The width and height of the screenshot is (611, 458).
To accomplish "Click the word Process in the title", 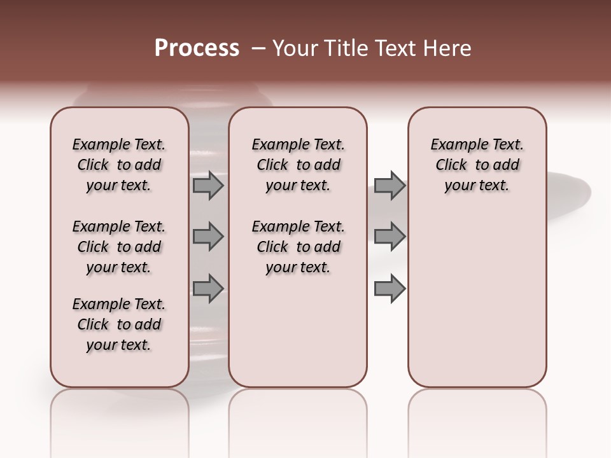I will (x=197, y=48).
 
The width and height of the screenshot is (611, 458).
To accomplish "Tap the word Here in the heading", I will (x=448, y=48).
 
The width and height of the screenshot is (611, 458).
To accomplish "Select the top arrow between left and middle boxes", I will (x=207, y=185).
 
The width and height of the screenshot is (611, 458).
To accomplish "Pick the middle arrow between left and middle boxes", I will (x=207, y=237).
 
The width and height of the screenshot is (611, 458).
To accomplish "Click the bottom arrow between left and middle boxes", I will (x=207, y=288).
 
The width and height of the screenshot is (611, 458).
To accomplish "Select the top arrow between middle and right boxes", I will (x=390, y=185).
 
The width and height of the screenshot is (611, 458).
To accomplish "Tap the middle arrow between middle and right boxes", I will (x=390, y=237).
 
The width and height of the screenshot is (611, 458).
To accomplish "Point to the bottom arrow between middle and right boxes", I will (x=390, y=288).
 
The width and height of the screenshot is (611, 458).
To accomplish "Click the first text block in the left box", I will (x=118, y=165).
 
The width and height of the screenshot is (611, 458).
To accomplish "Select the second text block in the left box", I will (x=118, y=247).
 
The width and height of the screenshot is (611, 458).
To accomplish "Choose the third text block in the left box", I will (x=118, y=324).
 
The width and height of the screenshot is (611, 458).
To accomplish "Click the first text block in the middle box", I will (x=298, y=165).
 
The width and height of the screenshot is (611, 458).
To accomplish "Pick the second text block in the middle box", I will (x=298, y=247).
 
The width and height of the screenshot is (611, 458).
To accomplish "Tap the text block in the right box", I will (x=477, y=165).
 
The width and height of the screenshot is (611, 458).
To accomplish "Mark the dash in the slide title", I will (x=258, y=49).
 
